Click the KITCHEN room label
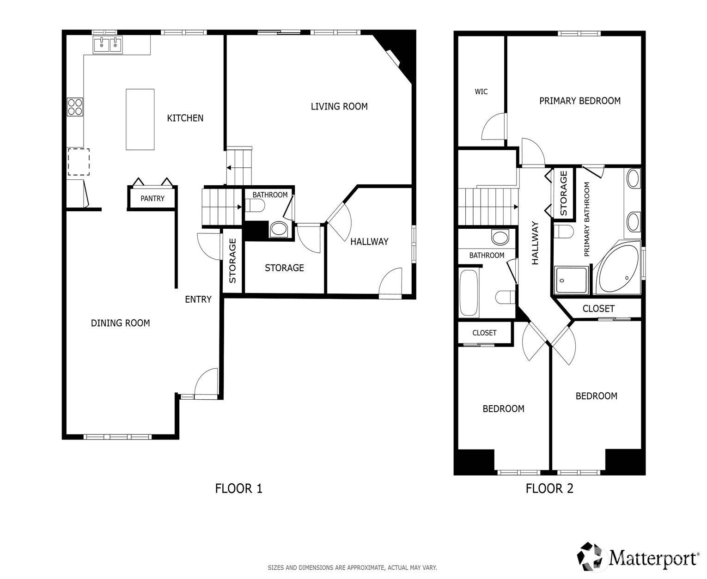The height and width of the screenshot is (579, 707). coord(185,118)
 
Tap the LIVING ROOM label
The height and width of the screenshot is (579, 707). coord(339,107)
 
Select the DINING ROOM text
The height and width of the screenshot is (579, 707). coord(120,323)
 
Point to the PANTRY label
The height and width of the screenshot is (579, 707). coord(152,199)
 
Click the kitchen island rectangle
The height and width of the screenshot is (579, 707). coord(140,119)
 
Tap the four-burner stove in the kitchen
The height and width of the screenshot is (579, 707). coord(75,107)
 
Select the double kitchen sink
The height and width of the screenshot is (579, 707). coord(108,45)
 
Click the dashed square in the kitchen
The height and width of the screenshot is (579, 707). coord(79,162)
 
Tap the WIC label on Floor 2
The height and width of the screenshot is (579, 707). coord(481,91)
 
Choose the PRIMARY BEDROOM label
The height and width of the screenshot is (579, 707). coord(579,101)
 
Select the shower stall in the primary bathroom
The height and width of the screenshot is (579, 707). coord(572,280)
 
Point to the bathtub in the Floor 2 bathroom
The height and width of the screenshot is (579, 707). coord(468,293)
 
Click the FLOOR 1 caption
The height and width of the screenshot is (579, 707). coord(239,488)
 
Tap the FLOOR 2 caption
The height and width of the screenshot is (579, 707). coord(549,488)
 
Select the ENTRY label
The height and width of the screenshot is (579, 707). coord(198,299)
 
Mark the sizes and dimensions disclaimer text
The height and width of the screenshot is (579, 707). coord(352,567)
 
